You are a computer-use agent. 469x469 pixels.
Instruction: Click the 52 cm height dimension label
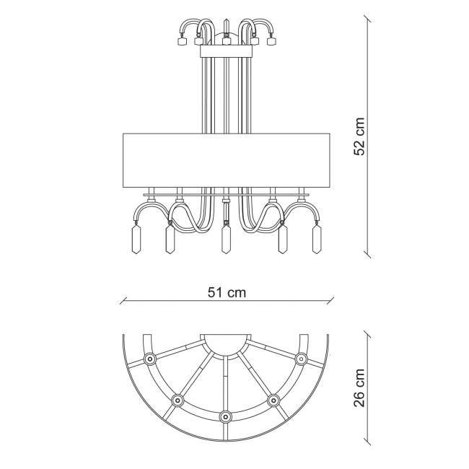[x=359, y=136]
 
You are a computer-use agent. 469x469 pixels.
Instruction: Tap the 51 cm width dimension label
[x=227, y=292]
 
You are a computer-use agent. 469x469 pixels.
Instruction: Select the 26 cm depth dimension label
[x=359, y=387]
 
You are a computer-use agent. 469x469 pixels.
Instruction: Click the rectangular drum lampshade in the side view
[x=227, y=161]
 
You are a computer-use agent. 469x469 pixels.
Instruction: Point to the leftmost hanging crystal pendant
[x=136, y=239]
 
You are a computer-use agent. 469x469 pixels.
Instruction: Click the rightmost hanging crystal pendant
[x=317, y=239]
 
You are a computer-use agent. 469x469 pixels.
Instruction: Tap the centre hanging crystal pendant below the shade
[x=226, y=239]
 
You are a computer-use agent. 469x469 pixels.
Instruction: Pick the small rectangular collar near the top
[x=226, y=51]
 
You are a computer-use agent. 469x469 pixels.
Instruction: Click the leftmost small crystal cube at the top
[x=181, y=41]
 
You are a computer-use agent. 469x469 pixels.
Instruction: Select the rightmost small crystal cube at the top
[x=271, y=41]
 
